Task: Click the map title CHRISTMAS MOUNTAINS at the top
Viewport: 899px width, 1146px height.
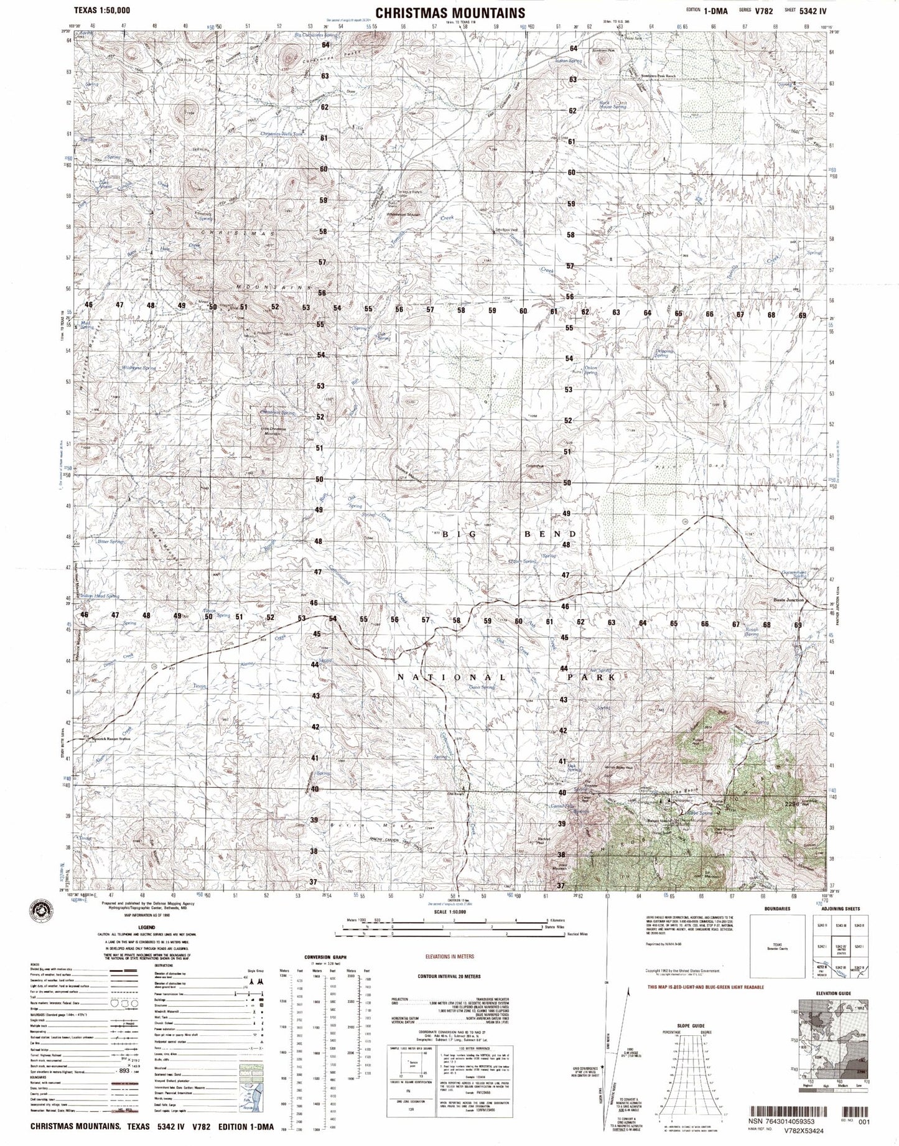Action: point(450,12)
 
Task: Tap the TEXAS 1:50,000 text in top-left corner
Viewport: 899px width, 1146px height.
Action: point(101,11)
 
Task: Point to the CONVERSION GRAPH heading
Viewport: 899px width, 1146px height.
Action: point(325,974)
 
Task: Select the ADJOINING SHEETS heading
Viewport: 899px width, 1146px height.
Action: point(840,909)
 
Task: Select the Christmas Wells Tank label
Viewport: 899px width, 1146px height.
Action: point(282,134)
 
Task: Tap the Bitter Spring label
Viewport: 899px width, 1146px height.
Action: point(113,542)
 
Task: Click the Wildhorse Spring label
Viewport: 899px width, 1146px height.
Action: point(139,368)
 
